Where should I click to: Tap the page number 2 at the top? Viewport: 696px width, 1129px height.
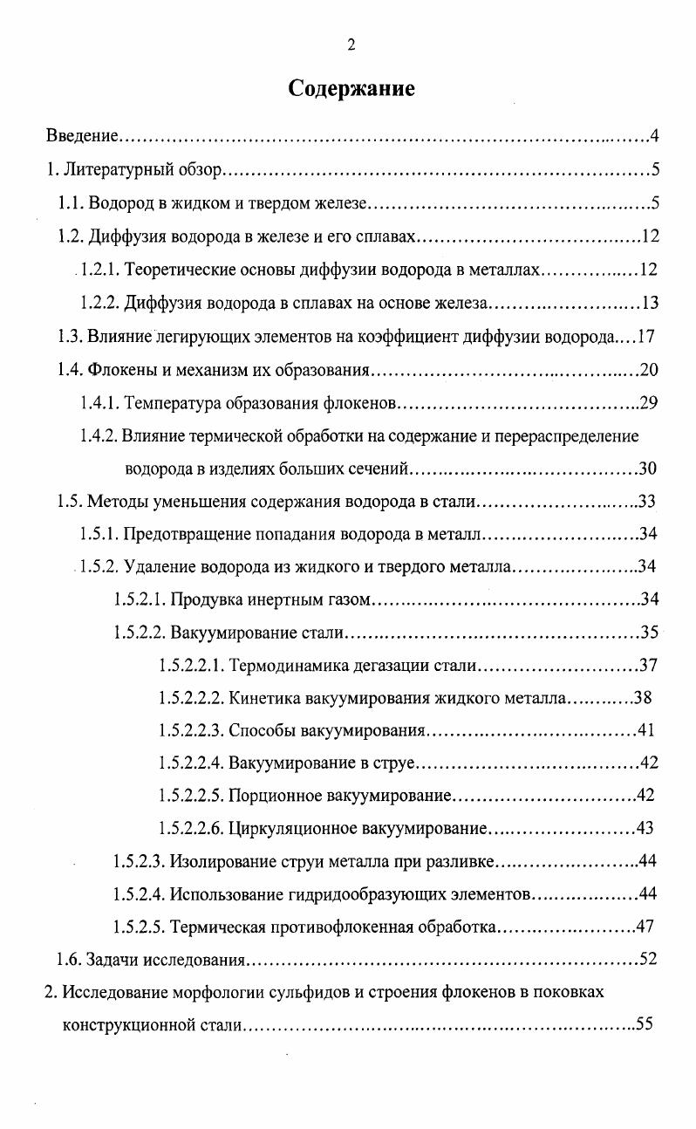coord(351,45)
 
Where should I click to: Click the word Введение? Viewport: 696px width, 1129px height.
coord(81,136)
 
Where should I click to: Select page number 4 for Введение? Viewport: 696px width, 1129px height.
coord(653,136)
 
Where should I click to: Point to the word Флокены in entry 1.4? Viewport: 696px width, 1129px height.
coord(116,370)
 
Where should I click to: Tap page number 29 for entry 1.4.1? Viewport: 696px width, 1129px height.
coord(647,403)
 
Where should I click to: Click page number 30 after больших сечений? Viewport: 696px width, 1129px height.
coord(647,469)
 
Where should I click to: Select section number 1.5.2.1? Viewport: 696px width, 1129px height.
coord(139,599)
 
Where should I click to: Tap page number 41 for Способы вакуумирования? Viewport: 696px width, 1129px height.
coord(646,731)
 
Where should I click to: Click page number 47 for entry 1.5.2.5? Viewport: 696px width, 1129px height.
coord(645,927)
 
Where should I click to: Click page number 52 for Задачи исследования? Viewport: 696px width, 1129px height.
coord(647,961)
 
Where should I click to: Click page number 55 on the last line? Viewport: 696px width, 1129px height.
coord(645,1025)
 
